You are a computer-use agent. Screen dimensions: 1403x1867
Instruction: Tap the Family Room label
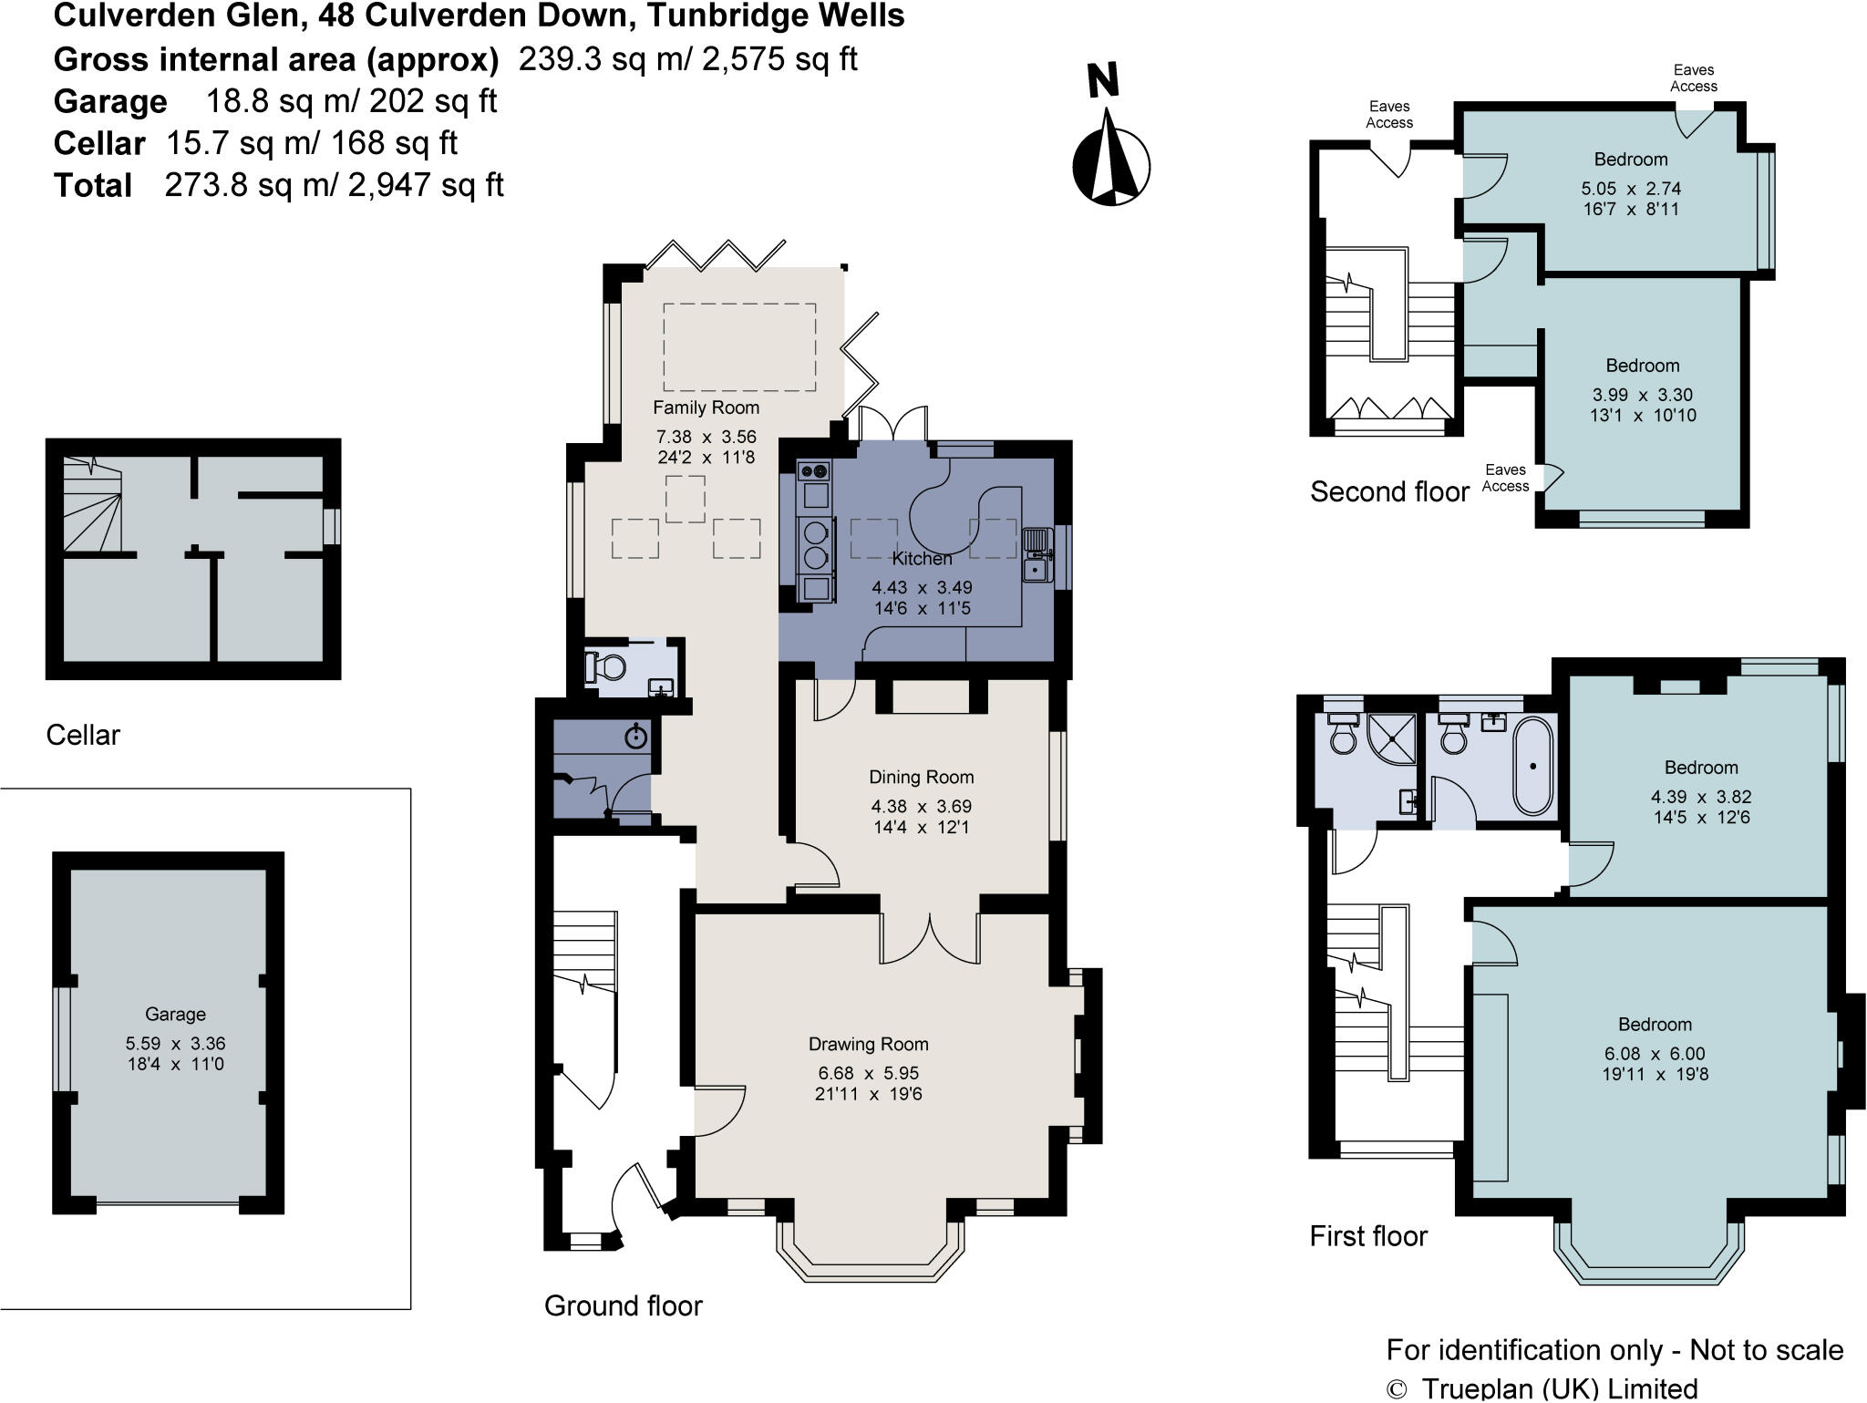tap(706, 407)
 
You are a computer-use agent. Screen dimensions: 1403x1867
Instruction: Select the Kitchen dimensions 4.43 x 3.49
tap(922, 588)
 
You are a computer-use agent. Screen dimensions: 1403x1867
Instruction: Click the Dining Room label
tap(921, 777)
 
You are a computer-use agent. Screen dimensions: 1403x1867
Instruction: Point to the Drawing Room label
tap(868, 1044)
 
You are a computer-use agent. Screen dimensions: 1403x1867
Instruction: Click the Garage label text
tap(175, 1014)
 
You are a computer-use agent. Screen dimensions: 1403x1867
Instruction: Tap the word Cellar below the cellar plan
tap(83, 735)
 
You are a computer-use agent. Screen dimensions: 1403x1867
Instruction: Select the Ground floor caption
tap(623, 1305)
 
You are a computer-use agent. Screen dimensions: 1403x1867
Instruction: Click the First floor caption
tap(1367, 1236)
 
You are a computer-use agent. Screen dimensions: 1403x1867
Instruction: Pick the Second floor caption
tap(1389, 492)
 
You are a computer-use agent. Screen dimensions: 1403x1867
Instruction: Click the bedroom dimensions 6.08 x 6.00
tap(1655, 1054)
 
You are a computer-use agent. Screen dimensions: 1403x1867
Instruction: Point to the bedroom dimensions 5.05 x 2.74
tap(1630, 189)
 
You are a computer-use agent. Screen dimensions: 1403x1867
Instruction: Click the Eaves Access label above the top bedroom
tap(1693, 78)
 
